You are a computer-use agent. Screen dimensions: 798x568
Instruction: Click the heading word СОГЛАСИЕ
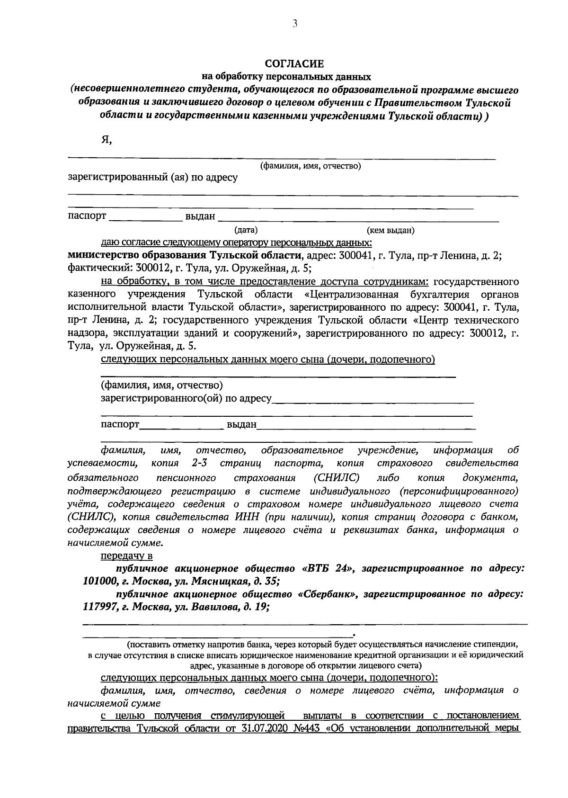[293, 63]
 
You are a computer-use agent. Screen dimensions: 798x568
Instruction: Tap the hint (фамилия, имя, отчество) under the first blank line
[311, 166]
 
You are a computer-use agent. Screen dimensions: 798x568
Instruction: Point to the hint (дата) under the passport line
[246, 231]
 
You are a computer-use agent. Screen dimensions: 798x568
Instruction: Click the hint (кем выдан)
[390, 231]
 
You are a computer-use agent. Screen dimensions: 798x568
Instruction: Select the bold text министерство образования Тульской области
[185, 256]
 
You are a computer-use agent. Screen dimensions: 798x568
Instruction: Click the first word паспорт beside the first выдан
[87, 216]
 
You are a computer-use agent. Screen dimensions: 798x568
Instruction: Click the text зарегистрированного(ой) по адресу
[186, 399]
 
